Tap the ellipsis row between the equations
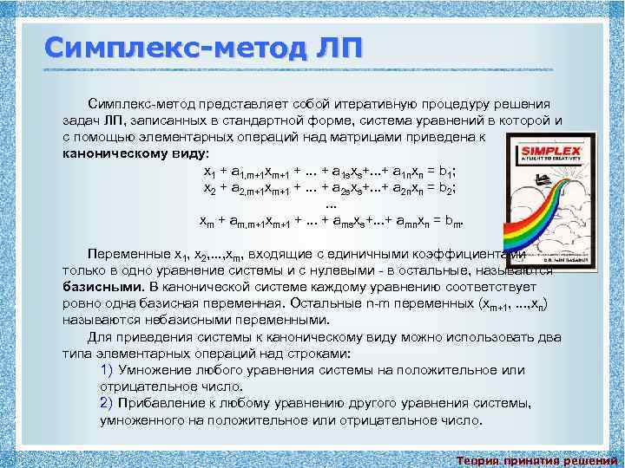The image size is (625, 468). (330, 205)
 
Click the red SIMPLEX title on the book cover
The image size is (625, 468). (538, 148)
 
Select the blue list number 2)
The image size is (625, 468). (107, 404)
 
